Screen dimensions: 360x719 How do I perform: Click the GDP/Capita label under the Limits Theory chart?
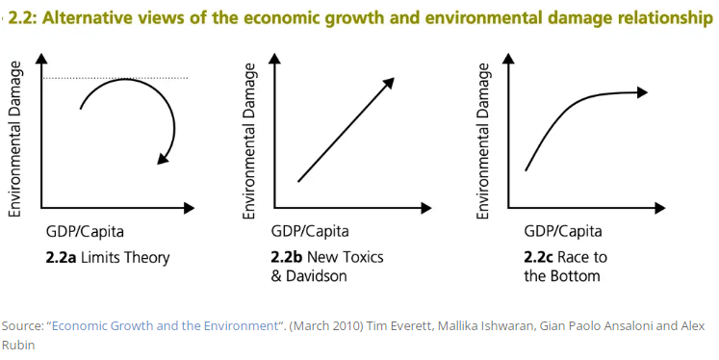(85, 232)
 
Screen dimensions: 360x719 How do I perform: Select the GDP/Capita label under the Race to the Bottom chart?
(562, 232)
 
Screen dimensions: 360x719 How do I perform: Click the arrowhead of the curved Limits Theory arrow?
(166, 156)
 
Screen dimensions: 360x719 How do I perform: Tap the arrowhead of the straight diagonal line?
(388, 84)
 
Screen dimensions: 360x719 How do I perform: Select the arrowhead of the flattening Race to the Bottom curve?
(639, 91)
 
